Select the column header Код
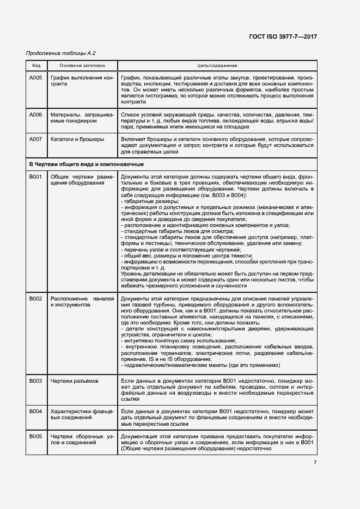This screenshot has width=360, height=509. (36, 65)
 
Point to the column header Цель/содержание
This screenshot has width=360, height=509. (216, 65)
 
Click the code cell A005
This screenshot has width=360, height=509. (36, 78)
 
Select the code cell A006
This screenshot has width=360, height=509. (36, 115)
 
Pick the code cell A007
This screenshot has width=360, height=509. (36, 139)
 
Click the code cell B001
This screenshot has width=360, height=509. (36, 177)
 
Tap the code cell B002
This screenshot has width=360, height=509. (36, 299)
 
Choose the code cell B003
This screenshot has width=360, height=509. (36, 381)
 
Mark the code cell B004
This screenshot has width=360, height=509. (36, 410)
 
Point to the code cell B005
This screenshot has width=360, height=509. (36, 437)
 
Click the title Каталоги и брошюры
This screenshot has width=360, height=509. (77, 139)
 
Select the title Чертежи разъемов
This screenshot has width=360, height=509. (75, 381)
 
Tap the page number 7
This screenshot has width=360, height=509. (315, 463)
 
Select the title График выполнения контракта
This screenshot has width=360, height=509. (82, 82)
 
